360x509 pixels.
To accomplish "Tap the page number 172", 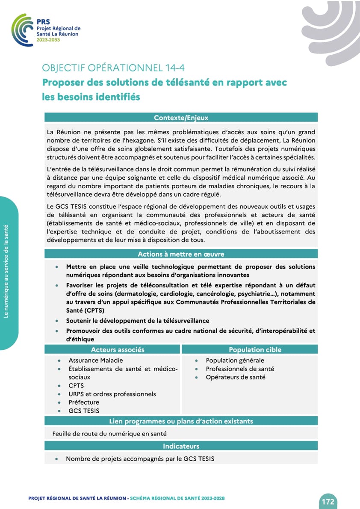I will click(x=328, y=502).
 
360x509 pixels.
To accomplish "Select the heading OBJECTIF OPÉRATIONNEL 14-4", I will click(x=113, y=68).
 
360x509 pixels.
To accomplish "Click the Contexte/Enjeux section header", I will click(x=181, y=118).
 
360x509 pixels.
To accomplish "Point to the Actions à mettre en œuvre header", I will click(x=181, y=254).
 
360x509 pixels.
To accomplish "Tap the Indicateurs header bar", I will click(x=181, y=446).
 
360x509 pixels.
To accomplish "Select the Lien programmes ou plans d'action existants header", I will click(x=181, y=421).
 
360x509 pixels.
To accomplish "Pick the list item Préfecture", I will click(x=83, y=402).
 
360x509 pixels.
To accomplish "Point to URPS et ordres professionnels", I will click(x=112, y=394).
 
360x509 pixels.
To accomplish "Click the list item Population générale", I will click(x=235, y=361).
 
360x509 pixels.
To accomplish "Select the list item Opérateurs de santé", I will click(x=235, y=377).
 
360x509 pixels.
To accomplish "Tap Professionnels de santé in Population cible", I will click(x=240, y=369).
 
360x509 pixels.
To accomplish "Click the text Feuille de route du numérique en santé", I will click(x=109, y=434).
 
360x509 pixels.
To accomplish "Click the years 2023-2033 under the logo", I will click(x=48, y=40).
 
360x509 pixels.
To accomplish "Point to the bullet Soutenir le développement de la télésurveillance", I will click(x=137, y=320).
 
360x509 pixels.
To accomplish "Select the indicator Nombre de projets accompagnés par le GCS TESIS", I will click(x=140, y=459).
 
